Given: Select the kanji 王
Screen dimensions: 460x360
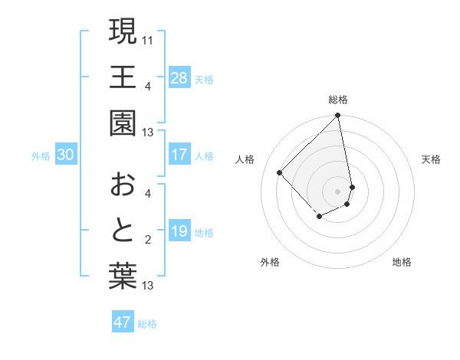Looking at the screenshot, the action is point(123,77).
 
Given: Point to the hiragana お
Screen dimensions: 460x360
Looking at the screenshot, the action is point(123,185).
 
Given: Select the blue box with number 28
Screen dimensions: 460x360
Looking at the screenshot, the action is point(179,77).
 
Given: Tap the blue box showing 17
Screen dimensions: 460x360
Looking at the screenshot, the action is point(179,155).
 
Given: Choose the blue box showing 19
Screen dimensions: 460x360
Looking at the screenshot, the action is point(179,231).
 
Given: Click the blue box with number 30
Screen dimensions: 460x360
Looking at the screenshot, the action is point(66,155).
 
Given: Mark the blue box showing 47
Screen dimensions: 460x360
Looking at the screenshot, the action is point(123,322).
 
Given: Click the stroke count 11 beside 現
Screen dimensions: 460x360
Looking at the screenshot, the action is point(149,38).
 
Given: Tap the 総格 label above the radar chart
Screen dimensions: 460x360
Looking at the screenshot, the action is point(338,100).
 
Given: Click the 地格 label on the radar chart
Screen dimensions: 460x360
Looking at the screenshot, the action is point(402,262).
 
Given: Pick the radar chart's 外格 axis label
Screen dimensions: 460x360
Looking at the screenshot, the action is point(270,262).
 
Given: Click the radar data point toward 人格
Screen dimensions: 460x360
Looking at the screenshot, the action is point(280,172).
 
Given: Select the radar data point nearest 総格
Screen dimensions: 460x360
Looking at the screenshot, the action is point(338,116).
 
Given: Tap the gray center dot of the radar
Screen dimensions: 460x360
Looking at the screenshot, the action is point(338,191).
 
